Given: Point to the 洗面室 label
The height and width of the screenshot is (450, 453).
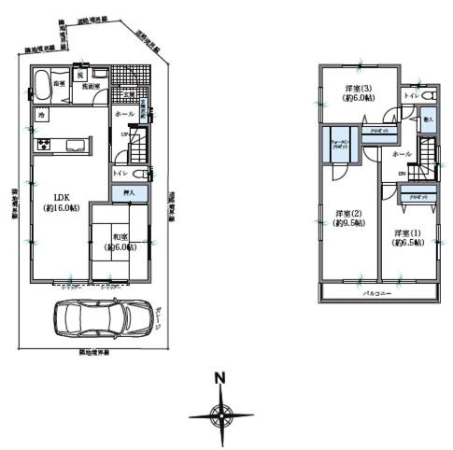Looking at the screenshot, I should [x=90, y=86].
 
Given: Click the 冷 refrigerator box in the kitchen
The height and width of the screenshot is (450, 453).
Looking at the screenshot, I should [x=42, y=114].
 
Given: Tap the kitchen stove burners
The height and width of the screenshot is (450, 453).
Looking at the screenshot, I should [x=43, y=145].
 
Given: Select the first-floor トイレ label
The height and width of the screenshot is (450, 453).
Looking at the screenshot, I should [x=120, y=174].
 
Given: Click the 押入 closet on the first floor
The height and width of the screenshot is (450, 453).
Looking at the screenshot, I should [x=130, y=192].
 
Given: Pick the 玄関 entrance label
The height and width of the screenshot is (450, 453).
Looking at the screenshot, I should [x=130, y=94].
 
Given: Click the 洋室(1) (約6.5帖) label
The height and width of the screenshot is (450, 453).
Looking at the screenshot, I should [x=408, y=237].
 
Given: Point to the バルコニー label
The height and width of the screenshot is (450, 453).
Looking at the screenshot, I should [x=377, y=292].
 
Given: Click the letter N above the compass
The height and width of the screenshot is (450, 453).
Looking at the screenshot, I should [x=220, y=379].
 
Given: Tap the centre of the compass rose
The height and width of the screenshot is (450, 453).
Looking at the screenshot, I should [x=220, y=414].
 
